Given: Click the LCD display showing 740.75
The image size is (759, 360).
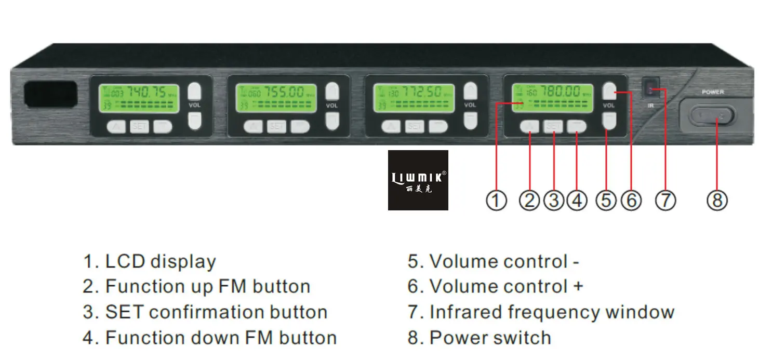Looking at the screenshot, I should (x=139, y=99).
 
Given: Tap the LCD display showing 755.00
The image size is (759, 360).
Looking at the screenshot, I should (x=276, y=99).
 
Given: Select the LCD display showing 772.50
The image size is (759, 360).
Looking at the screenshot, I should (x=414, y=99).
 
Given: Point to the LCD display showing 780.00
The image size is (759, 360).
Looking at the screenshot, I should (x=552, y=98).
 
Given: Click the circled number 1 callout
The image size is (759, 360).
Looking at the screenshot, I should (x=496, y=200).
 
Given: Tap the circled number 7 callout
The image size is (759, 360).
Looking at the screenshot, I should (x=665, y=200).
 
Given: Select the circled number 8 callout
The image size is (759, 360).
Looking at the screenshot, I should (x=717, y=200).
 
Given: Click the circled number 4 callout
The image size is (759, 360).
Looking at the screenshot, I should (x=577, y=200).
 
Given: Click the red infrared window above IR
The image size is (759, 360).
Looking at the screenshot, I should (x=650, y=89).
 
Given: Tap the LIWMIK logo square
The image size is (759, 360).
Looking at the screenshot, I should (x=418, y=180).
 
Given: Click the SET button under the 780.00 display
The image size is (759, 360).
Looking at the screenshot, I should (x=553, y=126).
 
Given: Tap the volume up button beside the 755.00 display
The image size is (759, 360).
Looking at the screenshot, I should (x=332, y=92).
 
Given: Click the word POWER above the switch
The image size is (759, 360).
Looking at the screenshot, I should (x=713, y=92).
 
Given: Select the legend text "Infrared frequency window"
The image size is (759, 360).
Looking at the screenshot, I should (x=552, y=312).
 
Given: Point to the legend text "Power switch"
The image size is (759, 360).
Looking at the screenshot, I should (x=490, y=338).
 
